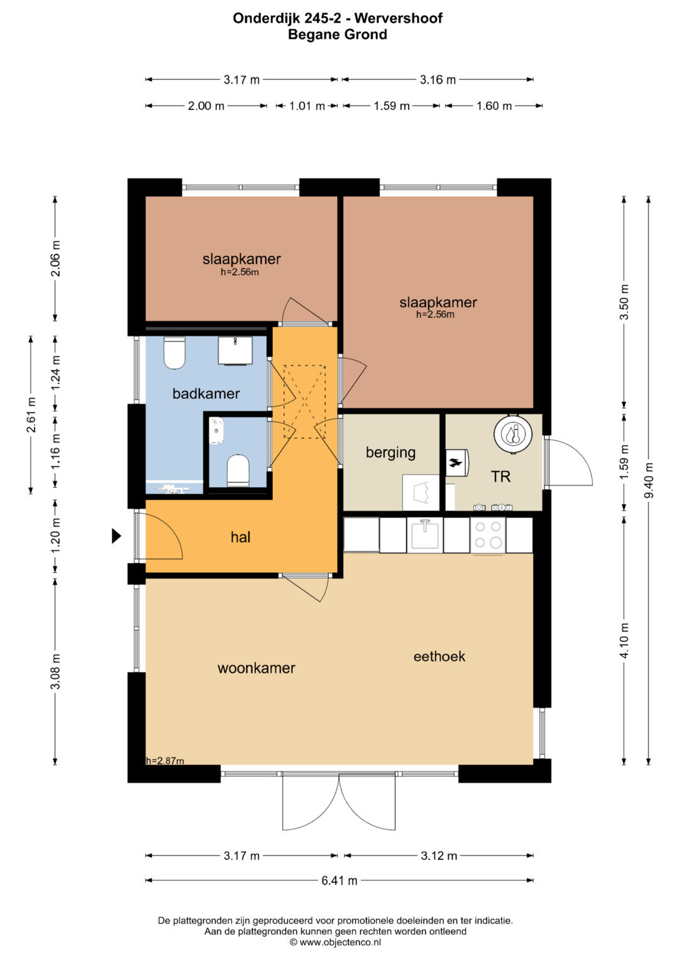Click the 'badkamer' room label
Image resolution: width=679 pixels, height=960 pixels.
(206, 394)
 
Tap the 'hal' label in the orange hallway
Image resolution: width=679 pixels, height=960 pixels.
(240, 537)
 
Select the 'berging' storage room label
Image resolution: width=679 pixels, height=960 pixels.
(390, 453)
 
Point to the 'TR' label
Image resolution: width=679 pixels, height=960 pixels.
(500, 477)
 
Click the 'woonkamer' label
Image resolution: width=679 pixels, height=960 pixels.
(257, 668)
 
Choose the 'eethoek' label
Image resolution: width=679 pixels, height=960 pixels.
(439, 656)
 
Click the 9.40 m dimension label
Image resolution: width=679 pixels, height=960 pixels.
(649, 480)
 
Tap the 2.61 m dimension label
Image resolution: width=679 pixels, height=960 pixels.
(31, 415)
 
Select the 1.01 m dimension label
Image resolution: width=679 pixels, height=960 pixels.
(307, 106)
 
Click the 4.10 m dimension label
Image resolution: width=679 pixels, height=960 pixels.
(624, 641)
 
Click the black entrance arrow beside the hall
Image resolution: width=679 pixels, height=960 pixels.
(116, 536)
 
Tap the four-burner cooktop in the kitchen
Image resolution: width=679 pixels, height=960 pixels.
(488, 535)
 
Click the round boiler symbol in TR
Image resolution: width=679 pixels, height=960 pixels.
(514, 433)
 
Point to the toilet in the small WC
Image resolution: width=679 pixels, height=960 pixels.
(238, 471)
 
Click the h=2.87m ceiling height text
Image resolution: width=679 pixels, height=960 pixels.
(165, 761)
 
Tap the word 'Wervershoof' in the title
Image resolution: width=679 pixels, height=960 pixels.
(399, 18)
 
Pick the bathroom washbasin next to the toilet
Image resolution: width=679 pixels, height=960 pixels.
(235, 351)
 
